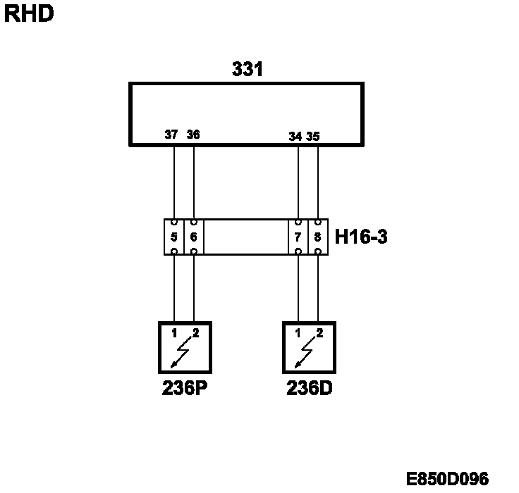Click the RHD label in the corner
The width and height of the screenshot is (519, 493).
coord(29,13)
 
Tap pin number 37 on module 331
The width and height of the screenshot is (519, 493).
coord(171,135)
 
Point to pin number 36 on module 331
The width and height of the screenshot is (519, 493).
coord(193,135)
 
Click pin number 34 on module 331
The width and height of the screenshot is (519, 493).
coord(295,137)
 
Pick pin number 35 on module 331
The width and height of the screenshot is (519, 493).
coord(314,137)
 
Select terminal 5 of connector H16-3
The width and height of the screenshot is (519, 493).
coord(174,237)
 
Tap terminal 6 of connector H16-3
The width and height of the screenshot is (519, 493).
coord(194,237)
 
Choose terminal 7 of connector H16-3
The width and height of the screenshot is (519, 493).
coord(298,237)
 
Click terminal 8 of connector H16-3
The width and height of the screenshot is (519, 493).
coord(318,237)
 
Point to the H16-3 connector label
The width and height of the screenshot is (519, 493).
coord(361,237)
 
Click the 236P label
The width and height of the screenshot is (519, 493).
coord(183,388)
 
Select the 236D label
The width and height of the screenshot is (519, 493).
coord(309,388)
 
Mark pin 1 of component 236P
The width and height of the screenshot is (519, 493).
coord(174,332)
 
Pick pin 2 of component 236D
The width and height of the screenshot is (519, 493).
coord(319,332)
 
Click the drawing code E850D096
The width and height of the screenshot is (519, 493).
coord(447,479)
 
